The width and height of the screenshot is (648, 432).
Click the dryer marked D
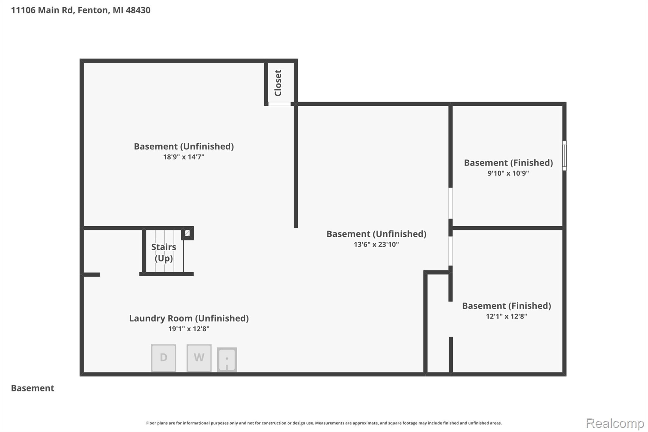click(164, 358)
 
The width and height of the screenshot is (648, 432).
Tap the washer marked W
click(199, 358)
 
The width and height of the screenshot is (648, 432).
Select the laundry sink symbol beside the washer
click(227, 360)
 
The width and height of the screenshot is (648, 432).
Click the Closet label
click(278, 83)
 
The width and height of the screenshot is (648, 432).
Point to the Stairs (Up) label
click(164, 253)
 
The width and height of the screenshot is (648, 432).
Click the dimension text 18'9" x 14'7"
click(184, 157)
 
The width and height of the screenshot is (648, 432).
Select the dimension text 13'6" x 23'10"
click(376, 244)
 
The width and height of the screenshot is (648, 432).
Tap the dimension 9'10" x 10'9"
click(508, 173)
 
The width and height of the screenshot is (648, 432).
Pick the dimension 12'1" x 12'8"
click(506, 316)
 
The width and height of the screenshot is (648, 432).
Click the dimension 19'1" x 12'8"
click(189, 329)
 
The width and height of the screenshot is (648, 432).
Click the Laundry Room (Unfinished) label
click(189, 318)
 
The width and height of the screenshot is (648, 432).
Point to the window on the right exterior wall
click(564, 156)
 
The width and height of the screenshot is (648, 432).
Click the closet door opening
click(279, 104)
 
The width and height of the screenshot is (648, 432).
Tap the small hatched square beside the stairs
click(187, 233)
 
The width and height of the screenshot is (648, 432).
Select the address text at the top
click(81, 10)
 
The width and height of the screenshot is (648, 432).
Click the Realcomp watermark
click(615, 423)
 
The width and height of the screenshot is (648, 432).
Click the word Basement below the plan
click(33, 388)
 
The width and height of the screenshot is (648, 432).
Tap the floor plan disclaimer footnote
click(324, 423)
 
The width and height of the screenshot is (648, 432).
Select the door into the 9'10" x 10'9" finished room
click(451, 203)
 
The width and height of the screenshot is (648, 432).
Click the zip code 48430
click(138, 10)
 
